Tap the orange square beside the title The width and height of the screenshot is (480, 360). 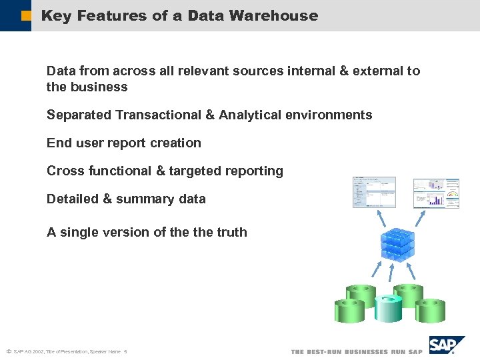point(26,15)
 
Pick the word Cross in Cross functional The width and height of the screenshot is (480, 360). point(64,171)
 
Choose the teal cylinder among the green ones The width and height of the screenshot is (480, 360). point(388,307)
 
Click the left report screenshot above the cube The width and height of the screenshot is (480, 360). point(374,192)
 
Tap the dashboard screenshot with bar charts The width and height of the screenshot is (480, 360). point(436,193)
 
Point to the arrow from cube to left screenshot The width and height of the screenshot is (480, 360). point(384,218)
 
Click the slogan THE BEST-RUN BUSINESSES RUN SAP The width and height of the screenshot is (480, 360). point(357,351)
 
